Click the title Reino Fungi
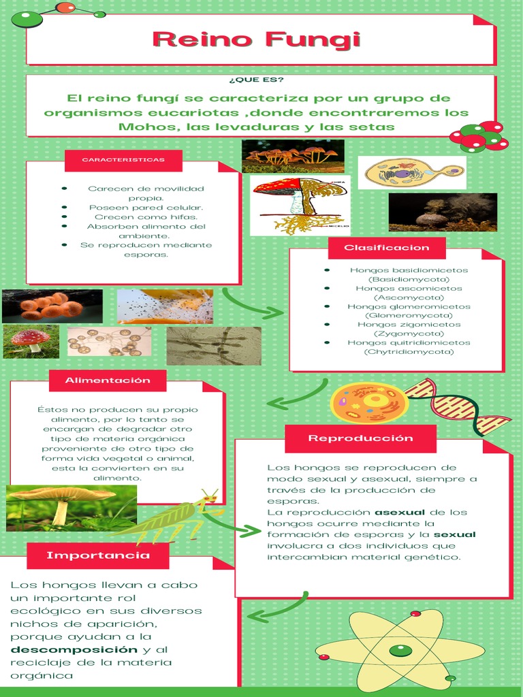pyautogui.click(x=256, y=39)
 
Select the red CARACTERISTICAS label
pyautogui.click(x=123, y=160)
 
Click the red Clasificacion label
pyautogui.click(x=387, y=248)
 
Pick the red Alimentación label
pyautogui.click(x=107, y=380)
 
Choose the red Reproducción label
pyautogui.click(x=360, y=438)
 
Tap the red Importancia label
pyautogui.click(x=98, y=555)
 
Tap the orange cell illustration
pyautogui.click(x=369, y=403)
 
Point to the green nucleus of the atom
pyautogui.click(x=400, y=650)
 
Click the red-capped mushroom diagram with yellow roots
pyautogui.click(x=300, y=205)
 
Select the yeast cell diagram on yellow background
pyautogui.click(x=411, y=173)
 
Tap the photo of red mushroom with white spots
pyautogui.click(x=31, y=340)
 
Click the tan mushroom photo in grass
pyautogui.click(x=71, y=508)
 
